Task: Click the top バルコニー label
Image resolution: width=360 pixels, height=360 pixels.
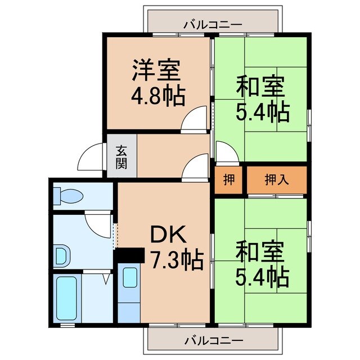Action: pyautogui.click(x=212, y=25)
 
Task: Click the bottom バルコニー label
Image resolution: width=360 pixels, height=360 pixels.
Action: pyautogui.click(x=212, y=340)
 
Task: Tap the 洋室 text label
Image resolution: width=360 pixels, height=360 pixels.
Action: pyautogui.click(x=156, y=70)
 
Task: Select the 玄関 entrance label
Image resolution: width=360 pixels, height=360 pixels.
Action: pyautogui.click(x=121, y=157)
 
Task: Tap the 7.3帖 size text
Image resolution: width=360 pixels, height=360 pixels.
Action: pyautogui.click(x=177, y=260)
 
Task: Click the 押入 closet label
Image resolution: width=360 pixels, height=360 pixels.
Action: pyautogui.click(x=276, y=180)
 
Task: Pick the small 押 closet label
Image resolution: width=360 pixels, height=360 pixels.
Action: pyautogui.click(x=228, y=180)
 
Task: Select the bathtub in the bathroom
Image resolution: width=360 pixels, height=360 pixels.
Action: pyautogui.click(x=66, y=298)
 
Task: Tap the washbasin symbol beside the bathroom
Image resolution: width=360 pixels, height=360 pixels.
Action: pyautogui.click(x=61, y=256)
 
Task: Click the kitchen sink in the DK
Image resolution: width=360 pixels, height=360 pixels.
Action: pyautogui.click(x=129, y=278)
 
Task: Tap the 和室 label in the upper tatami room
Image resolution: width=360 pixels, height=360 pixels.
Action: pyautogui.click(x=260, y=87)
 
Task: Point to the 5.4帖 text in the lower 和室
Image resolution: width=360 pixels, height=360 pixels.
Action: pyautogui.click(x=262, y=276)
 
